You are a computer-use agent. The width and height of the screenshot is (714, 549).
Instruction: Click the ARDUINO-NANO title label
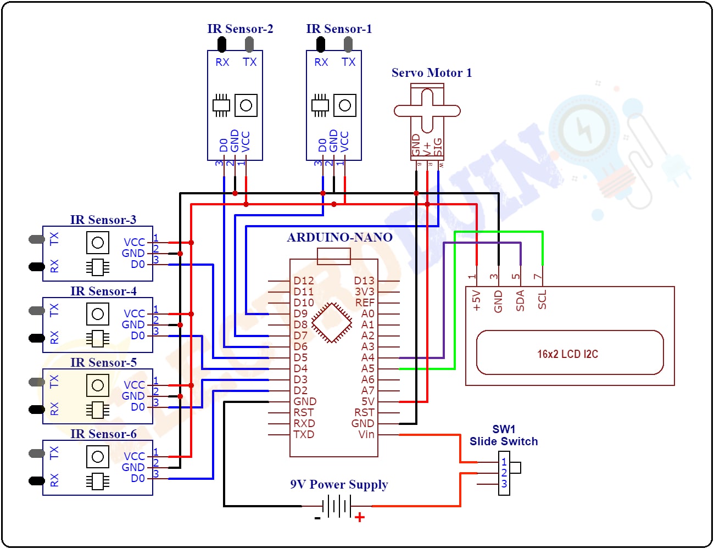coord(339,237)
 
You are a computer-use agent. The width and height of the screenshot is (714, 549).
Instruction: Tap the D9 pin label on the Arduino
coord(300,313)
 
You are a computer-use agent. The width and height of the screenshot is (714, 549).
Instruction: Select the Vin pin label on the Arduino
coord(366,434)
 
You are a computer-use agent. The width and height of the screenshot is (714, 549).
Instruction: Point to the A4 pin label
coord(367,357)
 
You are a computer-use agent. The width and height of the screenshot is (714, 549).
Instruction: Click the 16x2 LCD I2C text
coord(567,354)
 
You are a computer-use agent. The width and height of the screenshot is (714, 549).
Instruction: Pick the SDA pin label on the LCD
coord(520,301)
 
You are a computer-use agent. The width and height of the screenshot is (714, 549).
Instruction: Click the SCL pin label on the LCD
coord(542,300)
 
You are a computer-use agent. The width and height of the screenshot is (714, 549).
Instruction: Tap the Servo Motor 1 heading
coord(431,72)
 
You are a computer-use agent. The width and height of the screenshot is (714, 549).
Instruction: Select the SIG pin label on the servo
coord(438,147)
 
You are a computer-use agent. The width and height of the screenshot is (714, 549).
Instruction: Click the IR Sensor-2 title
coord(240,29)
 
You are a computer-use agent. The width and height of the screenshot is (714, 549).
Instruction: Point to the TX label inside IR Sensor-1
coord(348,62)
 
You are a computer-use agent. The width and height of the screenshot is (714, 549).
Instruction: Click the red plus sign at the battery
coord(360,517)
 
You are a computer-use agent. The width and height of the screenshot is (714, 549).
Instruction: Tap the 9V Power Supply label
coord(339,484)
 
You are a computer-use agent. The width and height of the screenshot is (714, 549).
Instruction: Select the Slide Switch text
coord(503,441)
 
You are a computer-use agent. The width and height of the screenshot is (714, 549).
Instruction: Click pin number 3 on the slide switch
coord(504,484)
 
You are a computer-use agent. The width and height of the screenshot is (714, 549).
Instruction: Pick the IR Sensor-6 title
coord(103,434)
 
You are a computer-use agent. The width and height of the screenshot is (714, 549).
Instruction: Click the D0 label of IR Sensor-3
coord(138,264)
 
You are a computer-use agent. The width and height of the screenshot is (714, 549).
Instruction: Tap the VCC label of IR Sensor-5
coord(134,385)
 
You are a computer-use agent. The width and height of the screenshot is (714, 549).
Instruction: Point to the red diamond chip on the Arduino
coord(332,323)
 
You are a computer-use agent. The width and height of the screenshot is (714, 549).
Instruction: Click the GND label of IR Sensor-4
coord(133,324)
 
